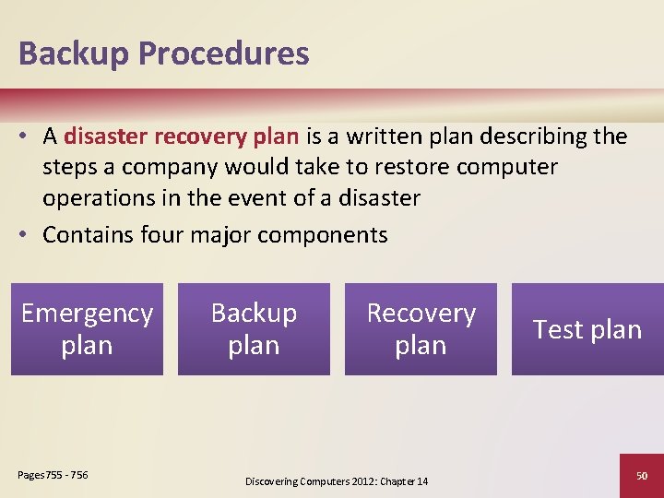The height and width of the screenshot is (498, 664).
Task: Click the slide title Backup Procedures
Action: pos(163,53)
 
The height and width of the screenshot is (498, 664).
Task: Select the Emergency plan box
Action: pos(87,329)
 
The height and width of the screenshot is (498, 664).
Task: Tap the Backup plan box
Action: pos(254,329)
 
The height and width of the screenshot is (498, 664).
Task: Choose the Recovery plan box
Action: pos(421,329)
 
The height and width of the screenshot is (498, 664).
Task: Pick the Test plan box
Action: pos(587,329)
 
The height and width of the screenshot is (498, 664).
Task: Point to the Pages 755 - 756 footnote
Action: pos(53,475)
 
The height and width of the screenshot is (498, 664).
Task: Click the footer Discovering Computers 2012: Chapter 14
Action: pos(337,481)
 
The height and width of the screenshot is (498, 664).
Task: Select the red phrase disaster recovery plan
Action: pos(181,137)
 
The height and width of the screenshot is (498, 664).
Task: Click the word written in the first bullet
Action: pos(378,137)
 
